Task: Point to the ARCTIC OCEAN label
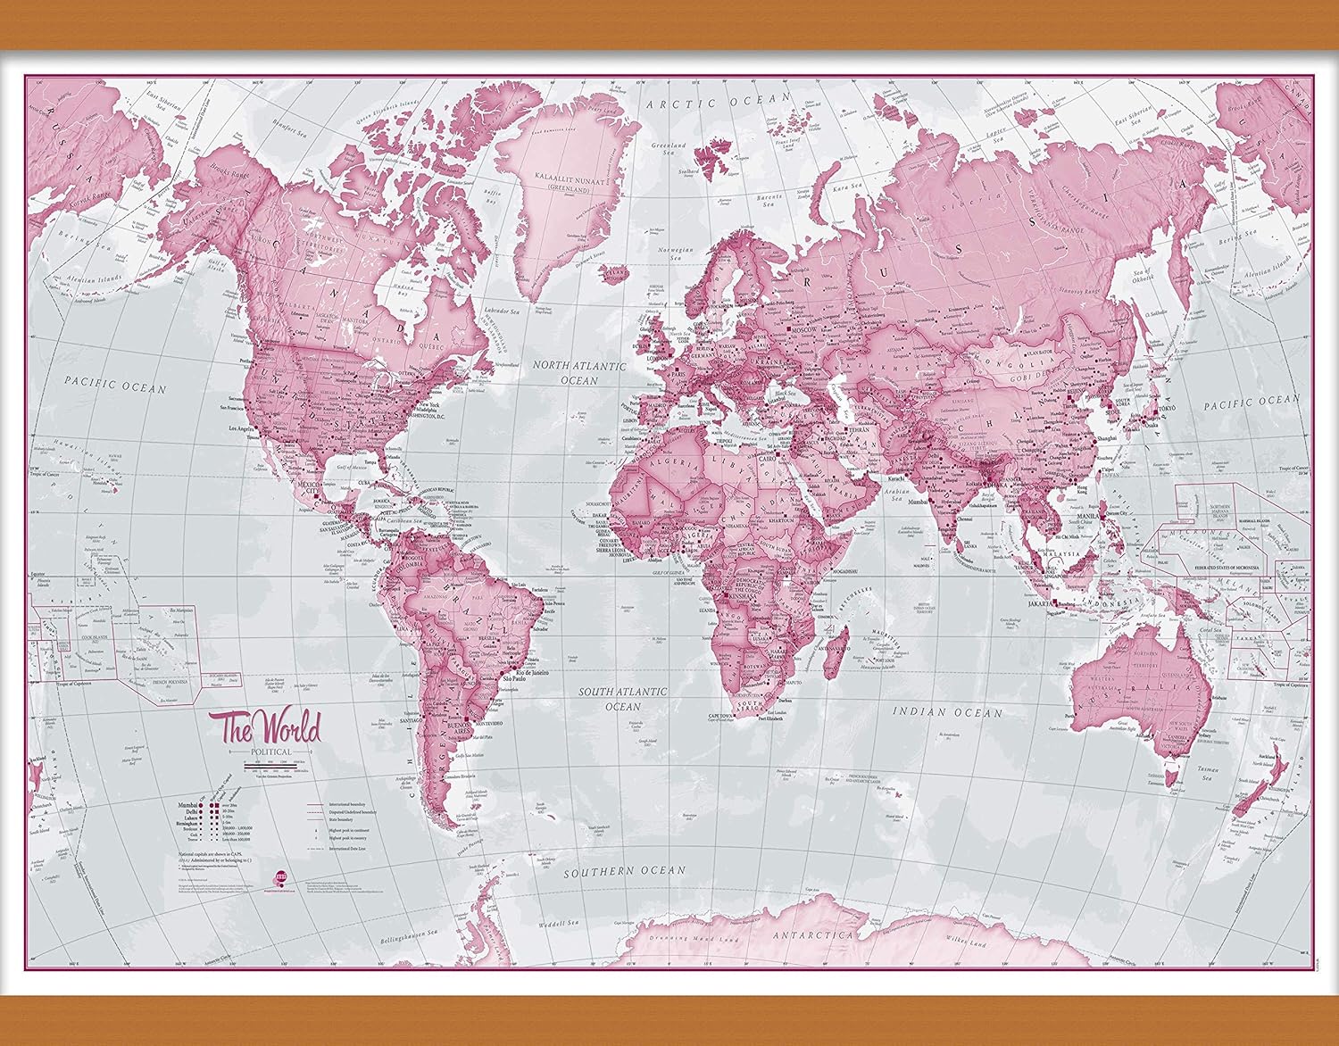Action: coord(719,103)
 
